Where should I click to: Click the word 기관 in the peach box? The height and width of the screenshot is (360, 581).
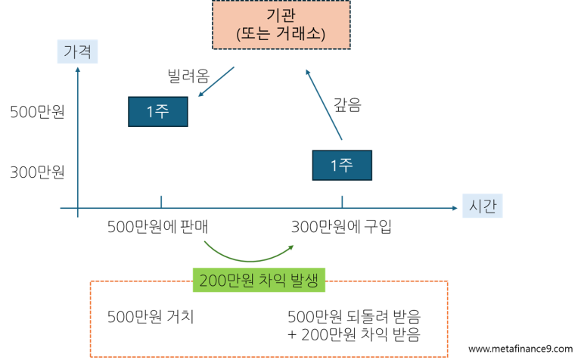click(x=281, y=16)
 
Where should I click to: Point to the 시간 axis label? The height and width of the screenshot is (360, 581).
click(x=482, y=206)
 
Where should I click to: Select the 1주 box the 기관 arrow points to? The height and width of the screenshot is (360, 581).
click(x=157, y=112)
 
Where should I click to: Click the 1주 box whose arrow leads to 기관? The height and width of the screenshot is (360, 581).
click(x=342, y=165)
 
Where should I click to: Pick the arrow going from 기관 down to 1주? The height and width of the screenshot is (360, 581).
click(x=216, y=82)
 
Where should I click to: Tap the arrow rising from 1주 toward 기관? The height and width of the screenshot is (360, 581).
click(x=324, y=104)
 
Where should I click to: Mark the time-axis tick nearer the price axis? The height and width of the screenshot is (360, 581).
click(x=161, y=201)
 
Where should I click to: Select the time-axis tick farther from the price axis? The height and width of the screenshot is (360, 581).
click(x=342, y=201)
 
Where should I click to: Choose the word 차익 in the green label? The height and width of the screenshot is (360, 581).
click(x=273, y=281)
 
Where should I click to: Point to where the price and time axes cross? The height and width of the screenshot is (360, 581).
click(x=78, y=207)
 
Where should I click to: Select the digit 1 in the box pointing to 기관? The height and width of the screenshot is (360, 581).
click(x=334, y=166)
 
